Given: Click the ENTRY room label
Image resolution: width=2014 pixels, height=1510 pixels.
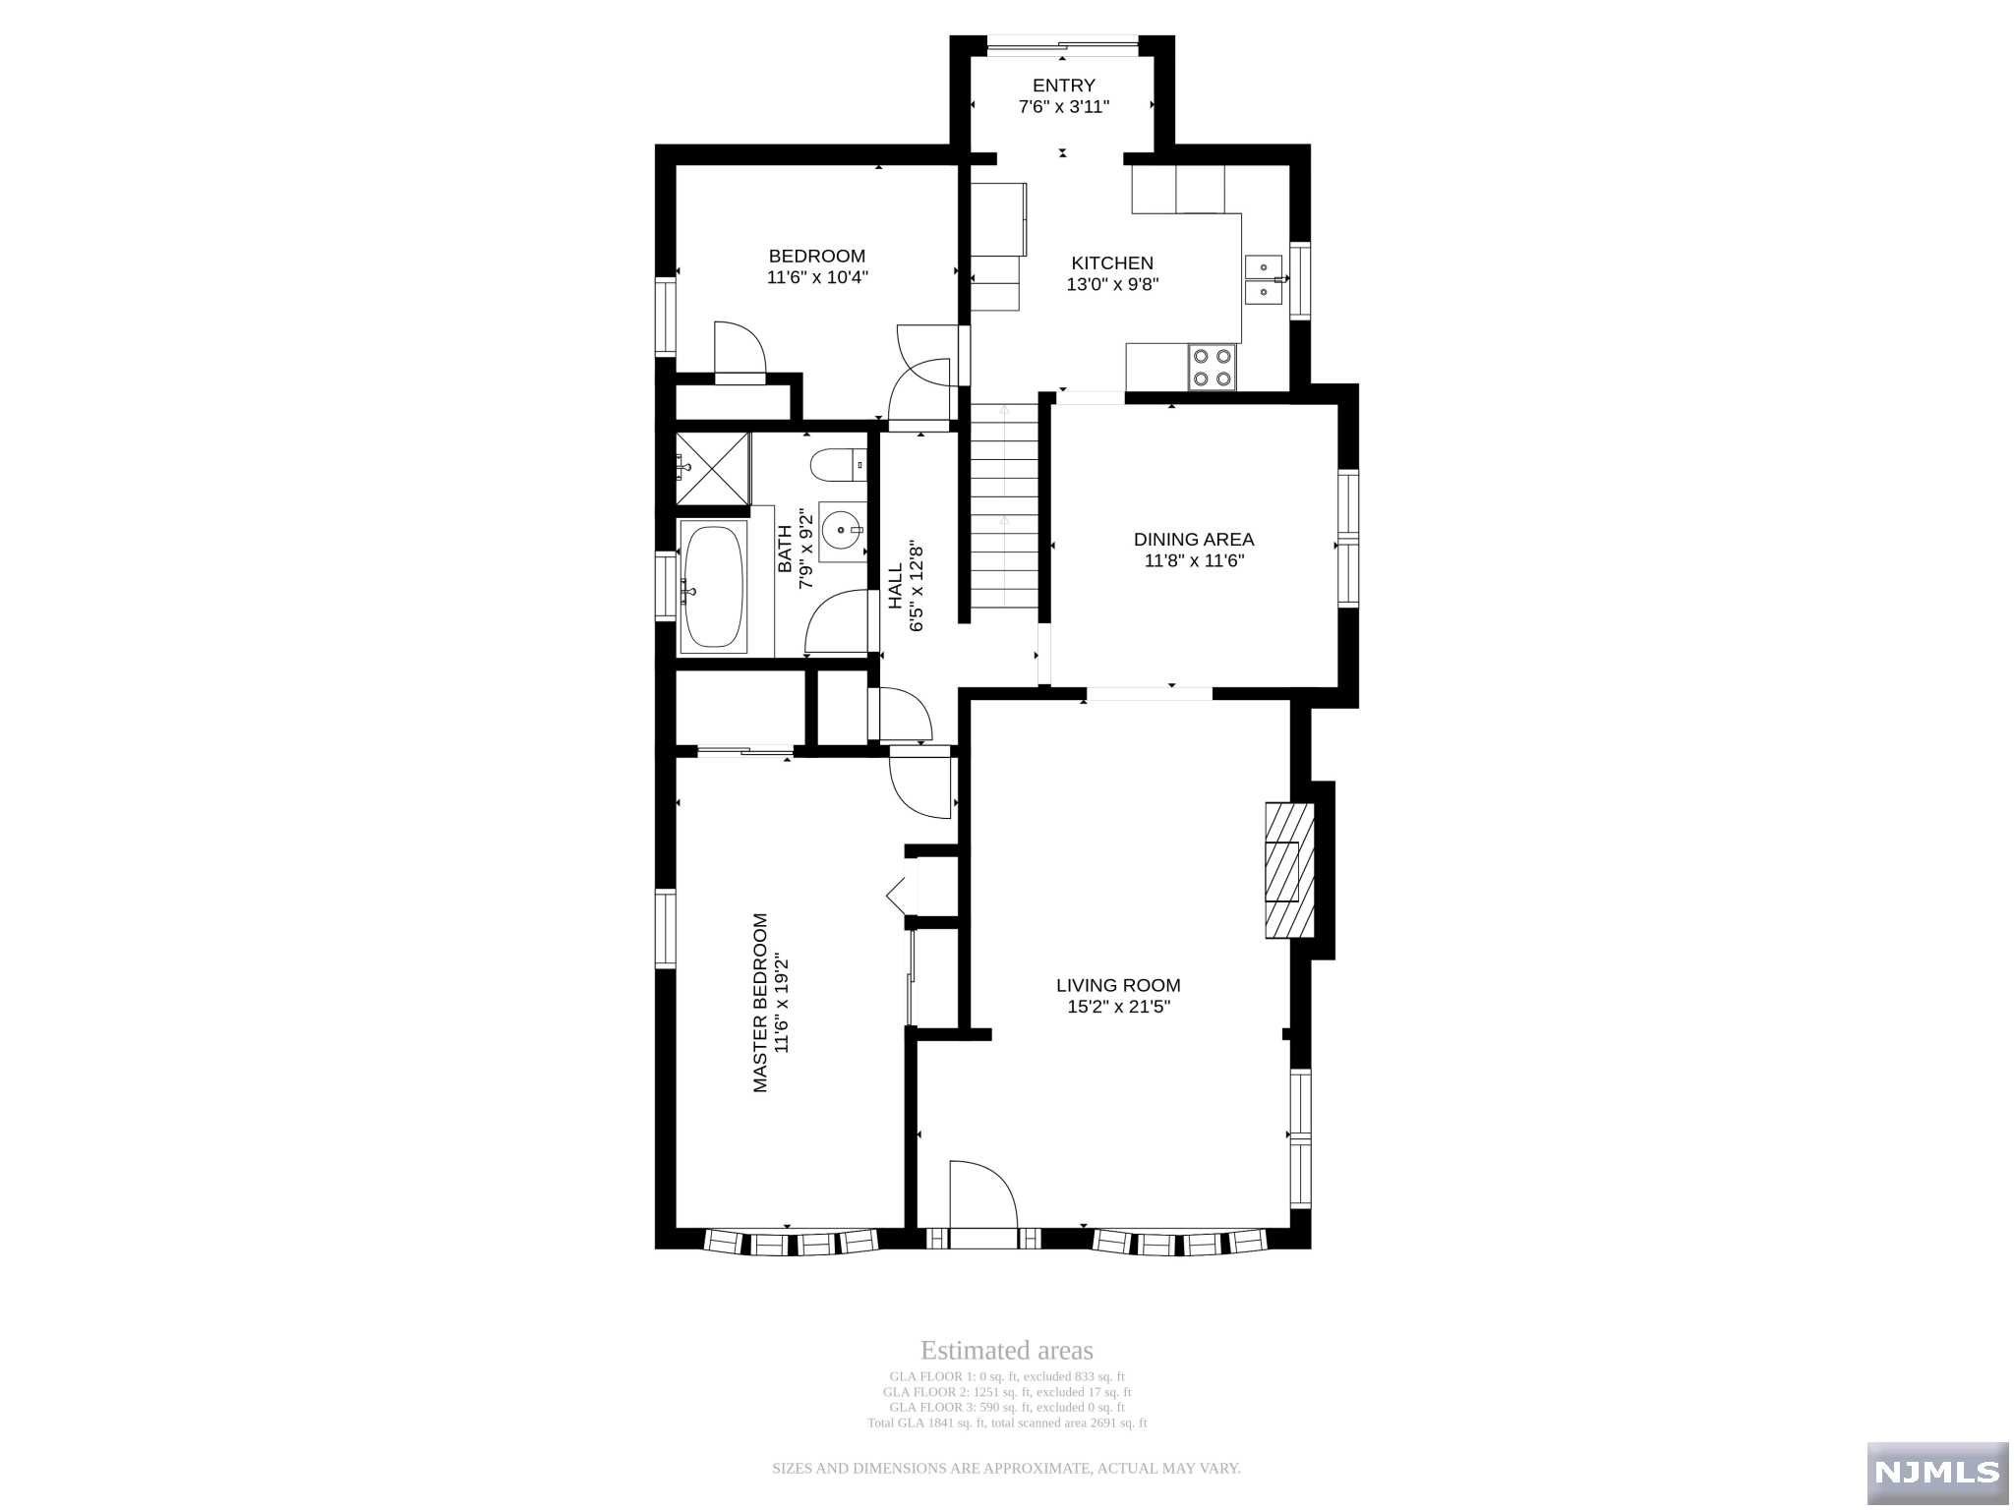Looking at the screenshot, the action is (1063, 86).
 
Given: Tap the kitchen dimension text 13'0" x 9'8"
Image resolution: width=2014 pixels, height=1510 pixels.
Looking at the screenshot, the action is (1112, 285).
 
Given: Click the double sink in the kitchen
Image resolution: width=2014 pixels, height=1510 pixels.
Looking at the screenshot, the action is (1264, 280).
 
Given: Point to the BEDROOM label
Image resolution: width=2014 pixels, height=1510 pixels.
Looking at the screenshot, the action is (817, 257).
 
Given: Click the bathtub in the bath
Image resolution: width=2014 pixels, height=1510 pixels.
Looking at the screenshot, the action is (713, 589).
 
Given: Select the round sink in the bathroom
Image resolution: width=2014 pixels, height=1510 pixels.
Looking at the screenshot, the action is (842, 531).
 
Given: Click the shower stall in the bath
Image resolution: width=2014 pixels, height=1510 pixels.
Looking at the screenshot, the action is (713, 468).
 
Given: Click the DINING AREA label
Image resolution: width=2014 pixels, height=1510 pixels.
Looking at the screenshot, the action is (1194, 539).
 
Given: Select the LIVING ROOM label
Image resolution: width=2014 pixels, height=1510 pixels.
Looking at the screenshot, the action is (1118, 985).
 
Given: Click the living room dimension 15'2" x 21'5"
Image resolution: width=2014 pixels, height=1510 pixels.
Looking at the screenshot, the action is (1118, 1007).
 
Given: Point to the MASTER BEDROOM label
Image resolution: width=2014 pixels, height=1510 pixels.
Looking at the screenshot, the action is (760, 1003).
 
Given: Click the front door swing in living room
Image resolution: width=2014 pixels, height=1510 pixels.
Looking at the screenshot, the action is (983, 1193).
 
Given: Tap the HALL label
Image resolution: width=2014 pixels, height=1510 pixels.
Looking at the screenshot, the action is (896, 587).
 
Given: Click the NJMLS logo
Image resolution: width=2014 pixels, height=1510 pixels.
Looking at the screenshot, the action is (1937, 1471).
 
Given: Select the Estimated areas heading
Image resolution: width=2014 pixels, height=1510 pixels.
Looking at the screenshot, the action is (1006, 1351).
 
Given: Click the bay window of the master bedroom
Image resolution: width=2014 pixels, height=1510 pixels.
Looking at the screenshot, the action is (790, 1242).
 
